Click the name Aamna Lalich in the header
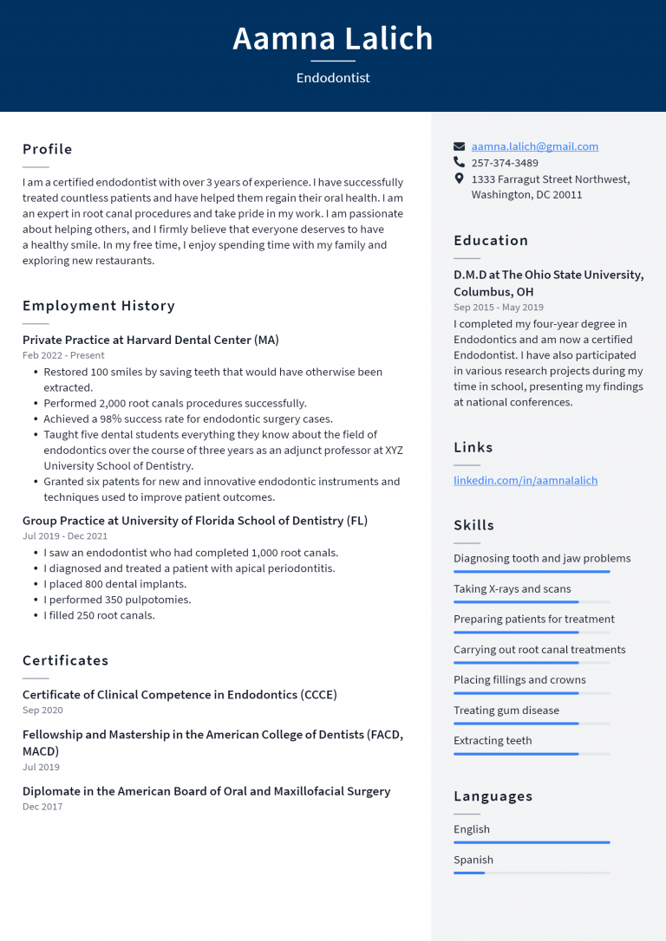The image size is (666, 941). [333, 39]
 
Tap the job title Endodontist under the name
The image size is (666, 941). [333, 78]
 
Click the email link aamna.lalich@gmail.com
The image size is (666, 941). [534, 146]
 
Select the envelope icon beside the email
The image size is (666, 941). [460, 146]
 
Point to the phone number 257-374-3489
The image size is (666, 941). [504, 163]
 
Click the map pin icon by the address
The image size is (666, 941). [460, 178]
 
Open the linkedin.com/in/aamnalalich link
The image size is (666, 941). [525, 480]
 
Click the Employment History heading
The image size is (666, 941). [99, 306]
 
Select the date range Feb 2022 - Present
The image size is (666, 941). [63, 355]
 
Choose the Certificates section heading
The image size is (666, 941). [66, 660]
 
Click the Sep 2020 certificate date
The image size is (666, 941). [42, 711]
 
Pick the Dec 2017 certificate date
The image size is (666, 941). [42, 807]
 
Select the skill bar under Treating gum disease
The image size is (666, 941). [531, 724]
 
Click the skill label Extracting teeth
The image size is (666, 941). [493, 741]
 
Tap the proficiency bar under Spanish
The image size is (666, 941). [531, 873]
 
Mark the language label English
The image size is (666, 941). [472, 829]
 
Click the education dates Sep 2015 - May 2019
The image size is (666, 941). [499, 308]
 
